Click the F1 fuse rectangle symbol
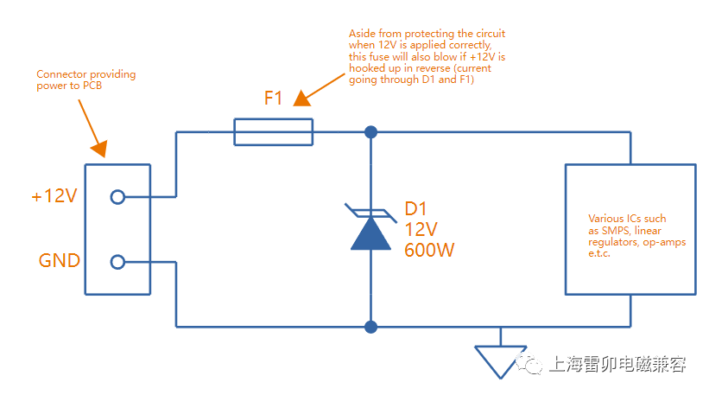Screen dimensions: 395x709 273,132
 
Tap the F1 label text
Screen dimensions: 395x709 273,99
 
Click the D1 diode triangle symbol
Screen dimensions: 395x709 370,233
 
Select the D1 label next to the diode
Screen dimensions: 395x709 417,209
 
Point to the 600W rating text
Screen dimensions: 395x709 429,250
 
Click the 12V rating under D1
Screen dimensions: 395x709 421,230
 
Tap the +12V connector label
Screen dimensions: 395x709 54,196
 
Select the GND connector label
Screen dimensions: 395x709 60,261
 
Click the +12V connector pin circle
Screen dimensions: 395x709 117,197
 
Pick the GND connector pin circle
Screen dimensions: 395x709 117,262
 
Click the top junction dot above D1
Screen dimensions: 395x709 370,132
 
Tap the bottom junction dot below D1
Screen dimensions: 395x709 370,327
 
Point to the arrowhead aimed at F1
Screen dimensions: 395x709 301,98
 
